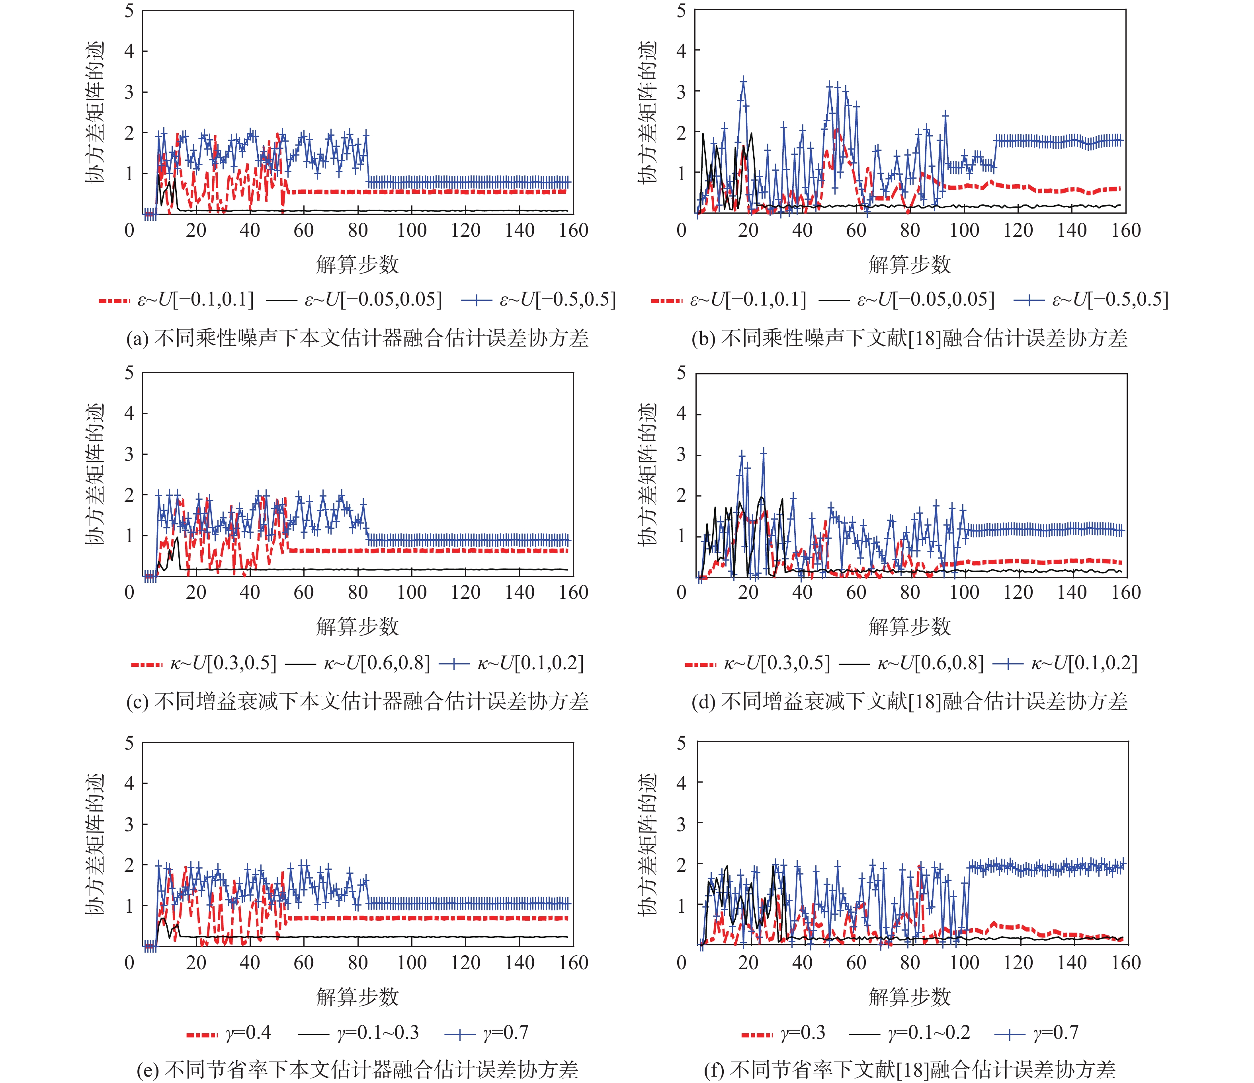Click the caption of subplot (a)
click(357, 338)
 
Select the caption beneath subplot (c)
click(357, 701)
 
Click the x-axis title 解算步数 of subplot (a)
click(357, 265)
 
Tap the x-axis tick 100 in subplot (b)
click(964, 230)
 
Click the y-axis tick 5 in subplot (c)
click(129, 373)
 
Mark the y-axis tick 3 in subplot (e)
click(129, 824)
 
